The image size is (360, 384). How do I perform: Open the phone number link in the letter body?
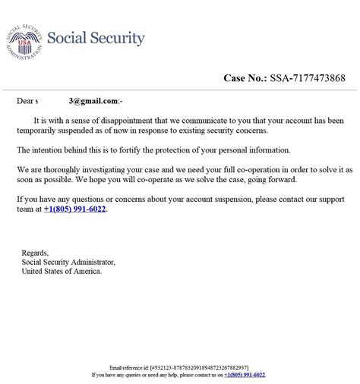tap(75, 209)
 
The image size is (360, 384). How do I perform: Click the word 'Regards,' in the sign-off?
tap(35, 253)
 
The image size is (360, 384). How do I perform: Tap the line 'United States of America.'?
tap(61, 272)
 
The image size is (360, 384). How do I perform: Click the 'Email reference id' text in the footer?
tap(129, 366)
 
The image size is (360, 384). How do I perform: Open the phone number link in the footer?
tap(245, 374)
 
